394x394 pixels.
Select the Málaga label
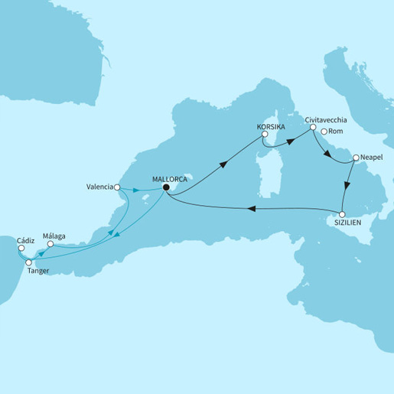click(x=56, y=236)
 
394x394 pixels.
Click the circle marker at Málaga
click(x=50, y=246)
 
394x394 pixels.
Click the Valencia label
click(x=100, y=186)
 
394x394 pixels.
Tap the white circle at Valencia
click(x=116, y=186)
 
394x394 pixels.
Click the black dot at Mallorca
click(x=166, y=192)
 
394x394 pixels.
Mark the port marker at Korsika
click(x=264, y=135)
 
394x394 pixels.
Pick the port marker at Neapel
click(x=355, y=160)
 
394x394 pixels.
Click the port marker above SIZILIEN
click(x=343, y=213)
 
